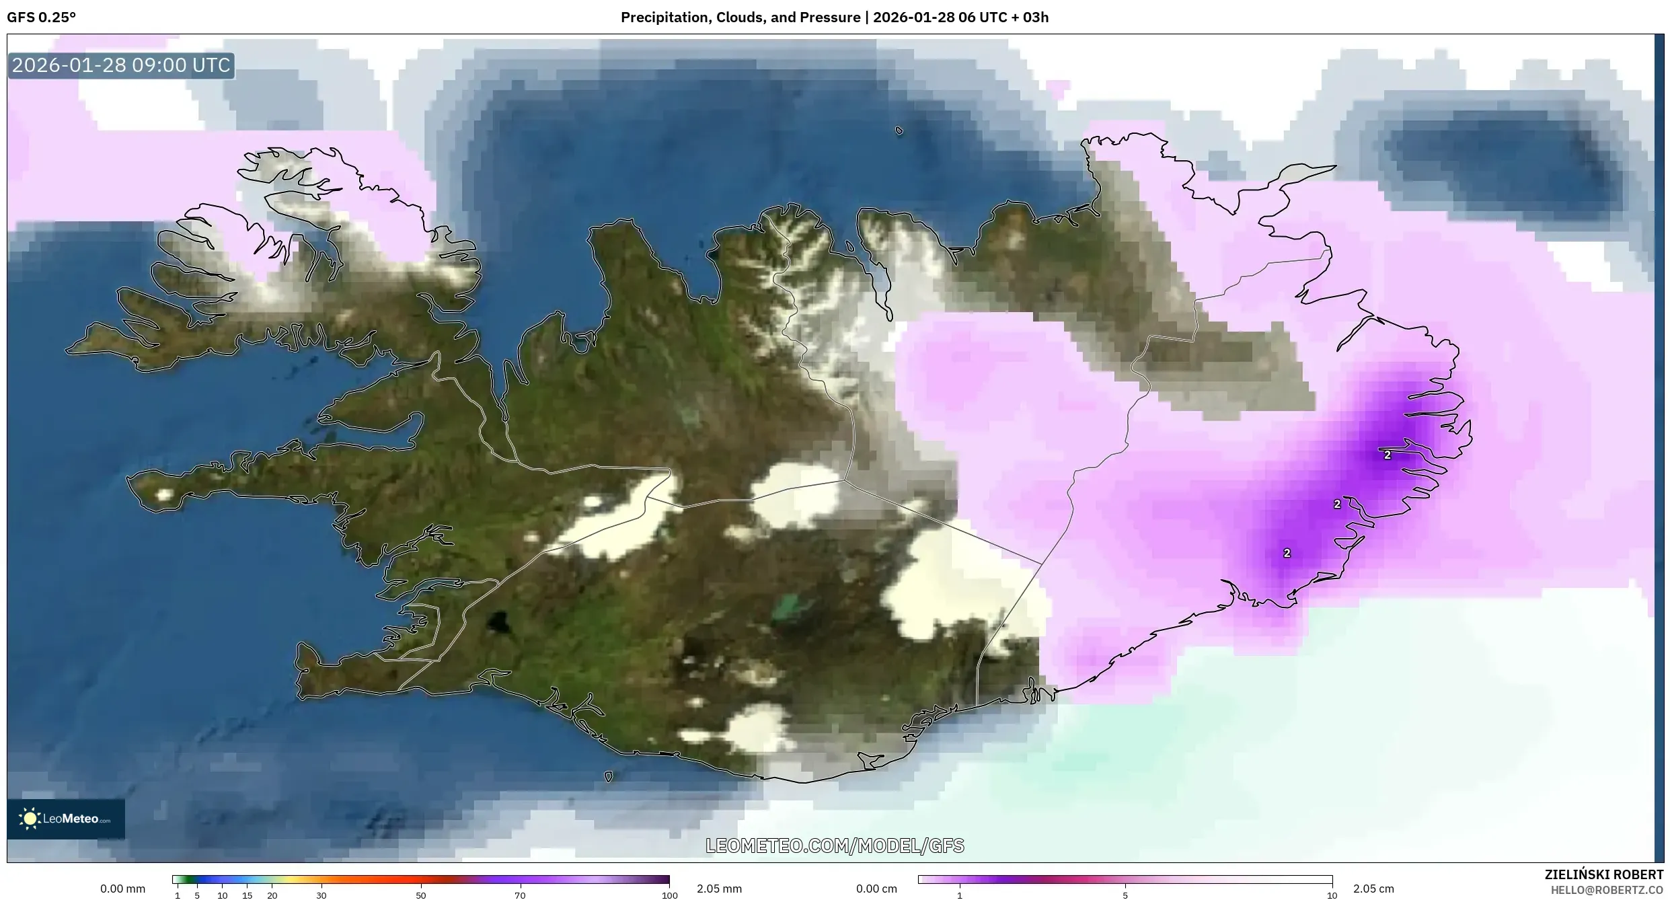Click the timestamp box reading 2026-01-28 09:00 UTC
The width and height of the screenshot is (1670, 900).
pyautogui.click(x=121, y=65)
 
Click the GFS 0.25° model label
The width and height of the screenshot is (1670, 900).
pyautogui.click(x=41, y=17)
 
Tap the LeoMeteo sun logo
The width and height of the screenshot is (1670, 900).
pyautogui.click(x=30, y=819)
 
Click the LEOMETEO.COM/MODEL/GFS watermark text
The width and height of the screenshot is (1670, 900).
pyautogui.click(x=835, y=846)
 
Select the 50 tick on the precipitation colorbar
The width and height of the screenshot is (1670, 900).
pyautogui.click(x=421, y=895)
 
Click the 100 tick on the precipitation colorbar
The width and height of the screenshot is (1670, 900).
pyautogui.click(x=669, y=895)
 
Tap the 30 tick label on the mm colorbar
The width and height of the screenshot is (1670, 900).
pyautogui.click(x=321, y=895)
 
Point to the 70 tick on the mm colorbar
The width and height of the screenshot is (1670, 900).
pyautogui.click(x=520, y=895)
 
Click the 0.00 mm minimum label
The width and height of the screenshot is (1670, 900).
pyautogui.click(x=122, y=889)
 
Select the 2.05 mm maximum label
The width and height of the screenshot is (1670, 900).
pyautogui.click(x=719, y=889)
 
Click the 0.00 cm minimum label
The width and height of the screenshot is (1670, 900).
pyautogui.click(x=876, y=889)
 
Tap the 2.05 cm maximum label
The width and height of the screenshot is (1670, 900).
pyautogui.click(x=1373, y=889)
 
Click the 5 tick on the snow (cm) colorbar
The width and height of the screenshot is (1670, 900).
pyautogui.click(x=1125, y=895)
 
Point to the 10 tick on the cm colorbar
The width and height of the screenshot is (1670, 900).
pyautogui.click(x=1332, y=895)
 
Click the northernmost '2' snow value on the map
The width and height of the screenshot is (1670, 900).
pyautogui.click(x=1388, y=455)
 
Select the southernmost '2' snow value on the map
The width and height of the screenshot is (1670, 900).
pyautogui.click(x=1287, y=553)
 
